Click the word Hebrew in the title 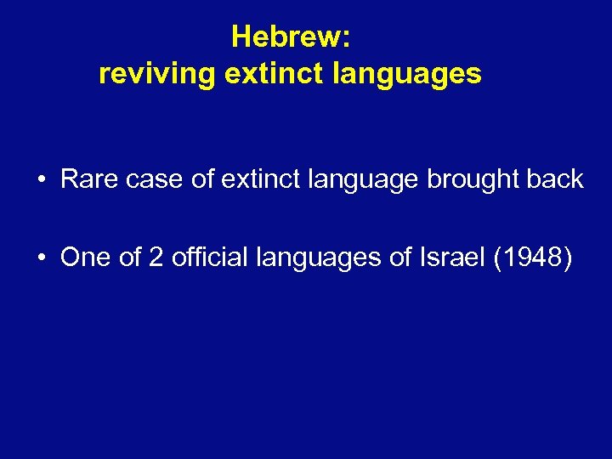[x=290, y=38]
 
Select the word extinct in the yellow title [x=270, y=75]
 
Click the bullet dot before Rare [x=41, y=180]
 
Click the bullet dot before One [x=41, y=258]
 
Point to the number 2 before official [x=155, y=258]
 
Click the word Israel [x=450, y=258]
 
